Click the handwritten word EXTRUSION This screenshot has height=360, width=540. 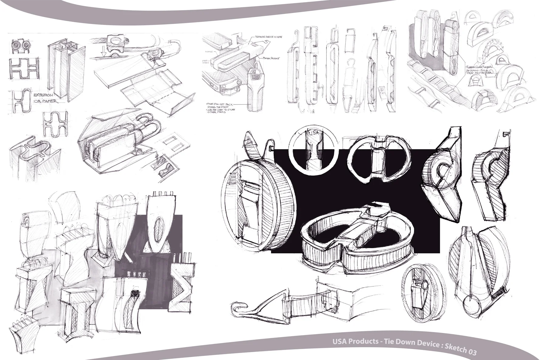pos(43,95)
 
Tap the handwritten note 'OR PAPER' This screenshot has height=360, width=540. pos(46,101)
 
